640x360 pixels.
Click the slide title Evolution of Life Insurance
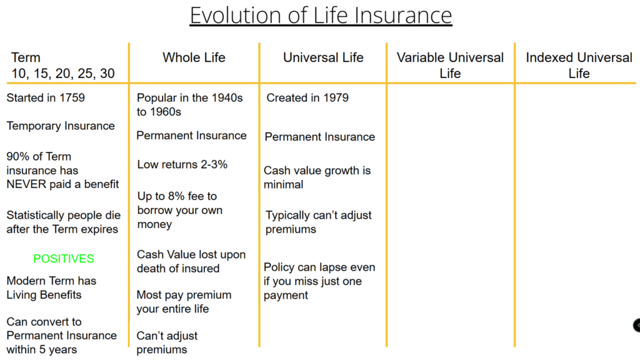click(321, 16)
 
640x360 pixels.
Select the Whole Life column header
click(194, 57)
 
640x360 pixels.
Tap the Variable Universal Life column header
click(450, 65)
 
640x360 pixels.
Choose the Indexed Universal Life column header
click(579, 65)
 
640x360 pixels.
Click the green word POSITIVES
click(64, 259)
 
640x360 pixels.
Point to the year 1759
click(72, 98)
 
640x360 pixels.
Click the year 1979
click(336, 98)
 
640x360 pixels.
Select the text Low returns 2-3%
click(182, 164)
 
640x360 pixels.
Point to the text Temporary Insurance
click(61, 126)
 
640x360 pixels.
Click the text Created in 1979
click(307, 98)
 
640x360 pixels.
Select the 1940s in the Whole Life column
click(227, 98)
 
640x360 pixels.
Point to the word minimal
click(283, 185)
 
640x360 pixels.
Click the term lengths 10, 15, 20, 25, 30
click(63, 74)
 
